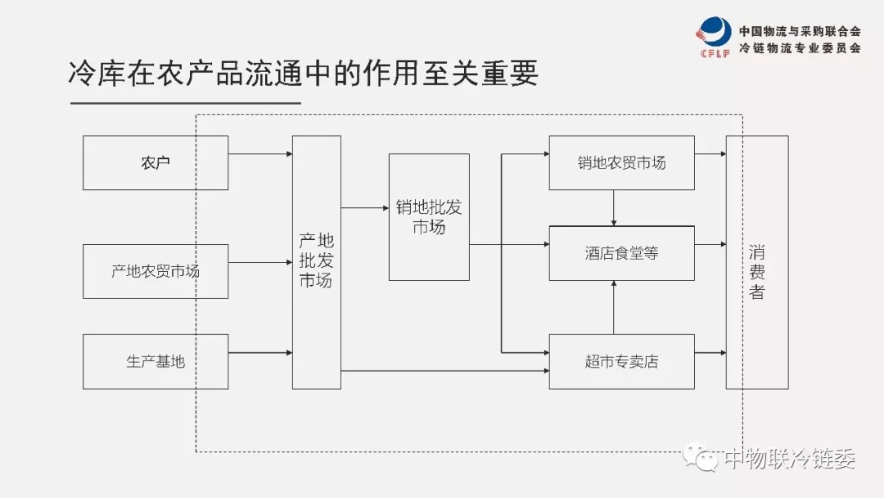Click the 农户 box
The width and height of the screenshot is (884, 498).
[156, 163]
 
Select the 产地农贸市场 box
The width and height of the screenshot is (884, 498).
[156, 271]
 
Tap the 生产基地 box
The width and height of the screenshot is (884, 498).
[156, 361]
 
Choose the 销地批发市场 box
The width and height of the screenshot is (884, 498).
[429, 217]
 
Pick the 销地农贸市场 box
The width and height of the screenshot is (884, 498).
[621, 163]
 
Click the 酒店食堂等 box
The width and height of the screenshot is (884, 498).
[621, 253]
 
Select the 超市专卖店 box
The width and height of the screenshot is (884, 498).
[621, 361]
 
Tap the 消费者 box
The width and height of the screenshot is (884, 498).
[757, 261]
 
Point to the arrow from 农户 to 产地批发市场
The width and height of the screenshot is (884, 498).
[260, 154]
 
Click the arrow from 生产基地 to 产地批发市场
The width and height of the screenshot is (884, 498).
[260, 353]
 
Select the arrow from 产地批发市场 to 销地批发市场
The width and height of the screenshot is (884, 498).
[365, 208]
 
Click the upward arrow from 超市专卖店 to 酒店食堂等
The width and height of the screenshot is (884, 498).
[614, 307]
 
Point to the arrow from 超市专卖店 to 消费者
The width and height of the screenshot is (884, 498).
[710, 353]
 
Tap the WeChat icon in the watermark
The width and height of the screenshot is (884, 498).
[701, 456]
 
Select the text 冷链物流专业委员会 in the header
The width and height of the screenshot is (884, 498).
[800, 48]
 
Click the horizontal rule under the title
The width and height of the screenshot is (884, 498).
[185, 103]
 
